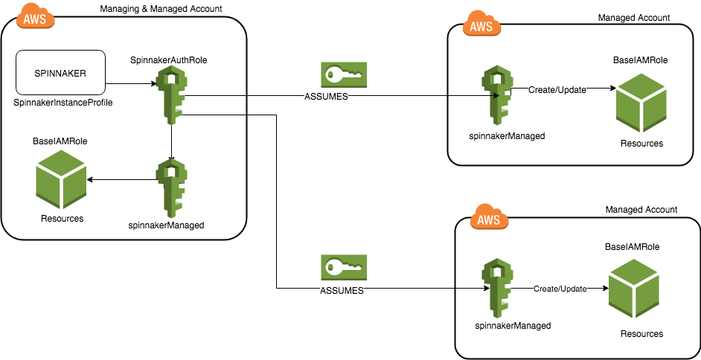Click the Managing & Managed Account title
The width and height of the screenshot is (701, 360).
[x=161, y=8]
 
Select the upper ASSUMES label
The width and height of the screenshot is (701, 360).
[x=326, y=97]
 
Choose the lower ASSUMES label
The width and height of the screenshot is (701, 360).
[x=342, y=291]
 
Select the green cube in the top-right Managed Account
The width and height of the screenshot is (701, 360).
[x=641, y=104]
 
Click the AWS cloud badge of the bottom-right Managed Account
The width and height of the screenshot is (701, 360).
[x=488, y=219]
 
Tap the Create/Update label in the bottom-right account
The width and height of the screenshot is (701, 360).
[x=559, y=289]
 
